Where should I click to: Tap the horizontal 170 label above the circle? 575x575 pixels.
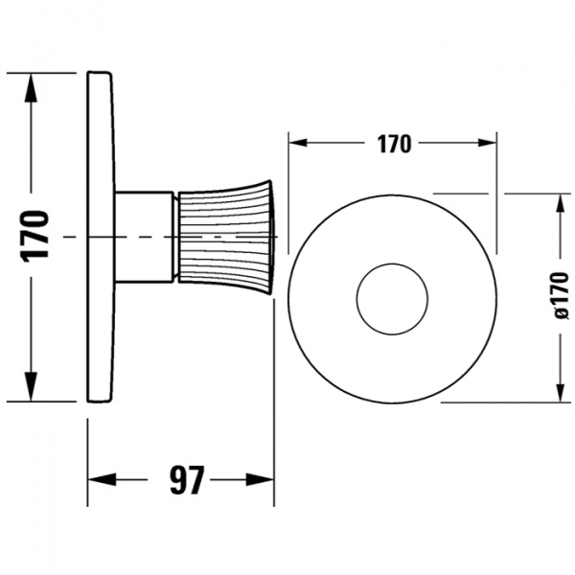coord(393,145)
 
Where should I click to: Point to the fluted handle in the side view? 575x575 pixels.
coord(225,236)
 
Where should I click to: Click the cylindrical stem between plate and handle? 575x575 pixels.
coord(144,236)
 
